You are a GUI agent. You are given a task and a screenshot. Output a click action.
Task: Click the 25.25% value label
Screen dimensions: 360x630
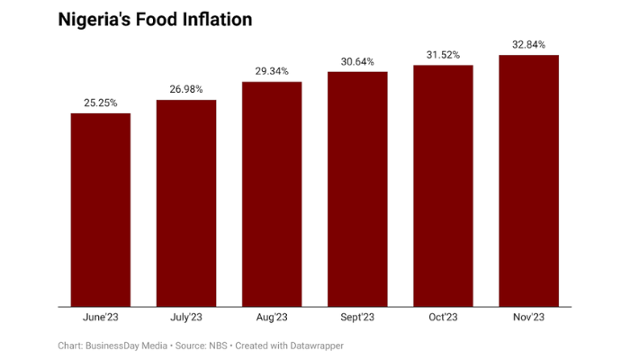point(101,103)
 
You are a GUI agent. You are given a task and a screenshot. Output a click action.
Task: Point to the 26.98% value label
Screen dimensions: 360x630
point(186,89)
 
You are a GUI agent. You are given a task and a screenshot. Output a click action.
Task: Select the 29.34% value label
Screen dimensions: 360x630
point(272,71)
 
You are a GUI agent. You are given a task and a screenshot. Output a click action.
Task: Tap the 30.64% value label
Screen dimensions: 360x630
point(357,61)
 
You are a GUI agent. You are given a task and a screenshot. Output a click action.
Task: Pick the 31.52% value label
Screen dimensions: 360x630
point(444,54)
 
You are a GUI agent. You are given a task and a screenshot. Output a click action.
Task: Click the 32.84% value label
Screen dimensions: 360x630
point(529,44)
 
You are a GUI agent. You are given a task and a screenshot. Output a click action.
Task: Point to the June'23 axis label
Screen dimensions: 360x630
point(101,318)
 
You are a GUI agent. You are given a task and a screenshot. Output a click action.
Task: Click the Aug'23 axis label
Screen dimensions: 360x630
point(272,318)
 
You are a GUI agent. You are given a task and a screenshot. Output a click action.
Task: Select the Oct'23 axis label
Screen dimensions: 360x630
point(444,318)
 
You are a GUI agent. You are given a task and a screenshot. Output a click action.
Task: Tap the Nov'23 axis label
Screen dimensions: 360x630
point(529,318)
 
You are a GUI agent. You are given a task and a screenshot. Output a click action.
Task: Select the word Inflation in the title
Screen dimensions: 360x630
point(217,19)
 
